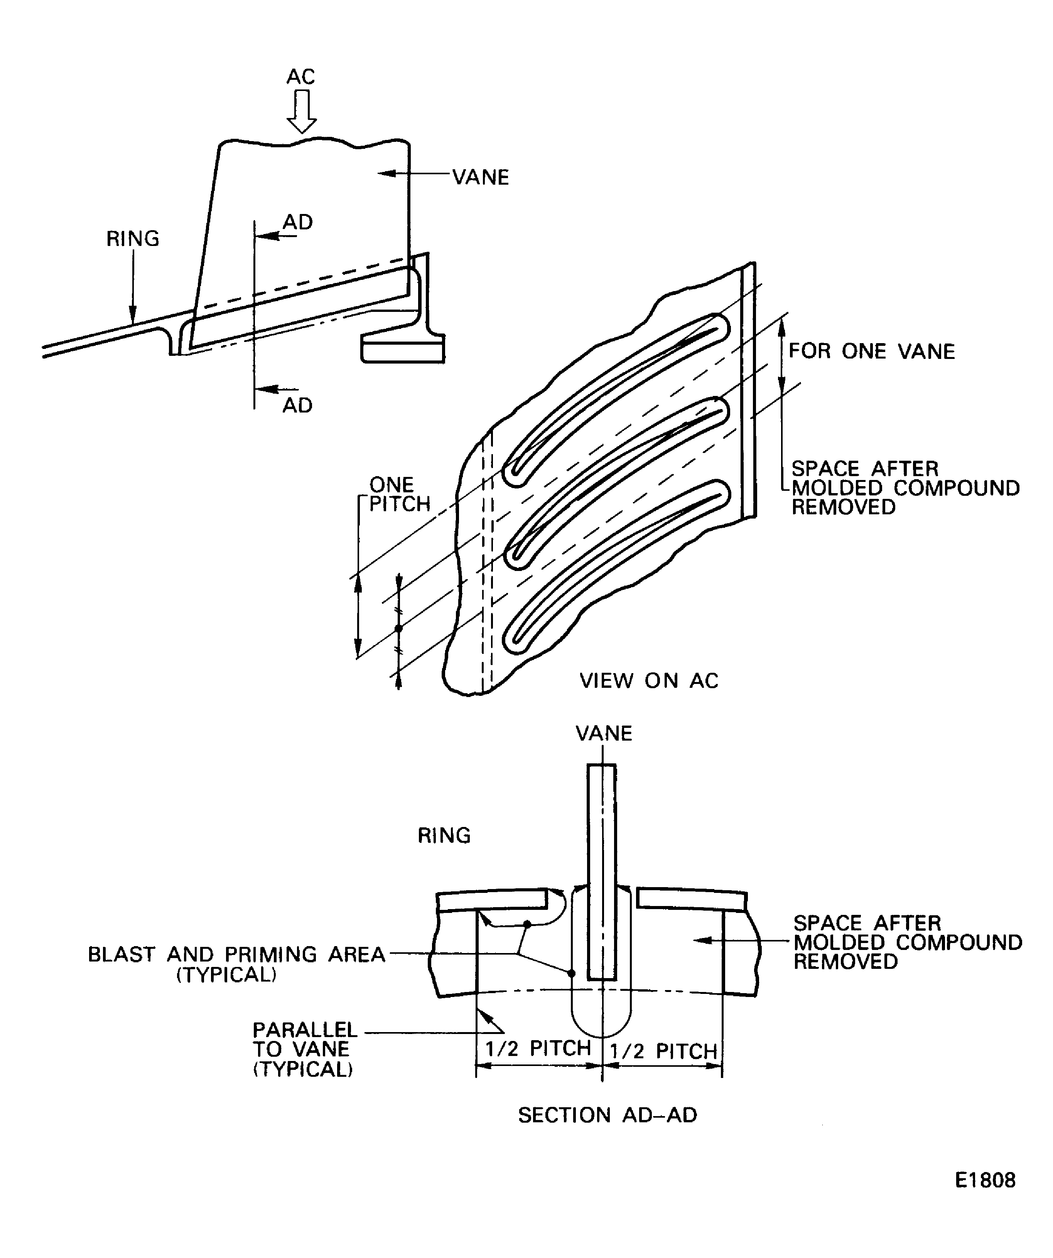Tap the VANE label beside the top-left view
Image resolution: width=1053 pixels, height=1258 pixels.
(x=481, y=177)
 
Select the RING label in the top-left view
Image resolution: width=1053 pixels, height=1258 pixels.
(x=132, y=239)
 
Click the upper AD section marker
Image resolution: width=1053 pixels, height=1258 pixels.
(x=298, y=222)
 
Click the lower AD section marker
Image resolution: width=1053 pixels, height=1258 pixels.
(x=298, y=406)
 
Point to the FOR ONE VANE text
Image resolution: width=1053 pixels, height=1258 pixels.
(x=871, y=351)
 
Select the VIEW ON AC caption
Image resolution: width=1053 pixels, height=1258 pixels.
(x=649, y=680)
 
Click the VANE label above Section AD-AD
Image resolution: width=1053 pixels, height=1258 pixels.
(x=604, y=733)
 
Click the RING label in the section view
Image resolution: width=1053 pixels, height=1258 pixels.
(x=444, y=835)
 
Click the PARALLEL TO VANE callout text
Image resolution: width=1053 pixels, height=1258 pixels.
(x=304, y=1049)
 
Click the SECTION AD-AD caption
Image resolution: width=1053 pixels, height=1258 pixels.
(x=608, y=1115)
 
